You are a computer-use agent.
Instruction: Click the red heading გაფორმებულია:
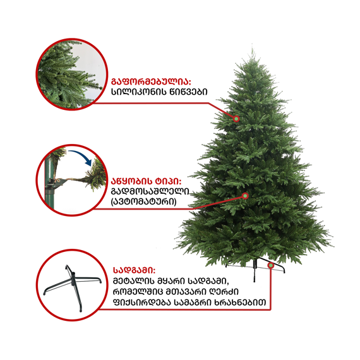point(151,81)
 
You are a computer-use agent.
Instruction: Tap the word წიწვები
point(188,92)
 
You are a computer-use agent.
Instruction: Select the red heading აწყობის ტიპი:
point(147,181)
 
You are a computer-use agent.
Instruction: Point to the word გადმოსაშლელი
point(150,191)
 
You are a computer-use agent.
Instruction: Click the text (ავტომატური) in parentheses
point(144,202)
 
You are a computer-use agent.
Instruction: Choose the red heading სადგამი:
point(134,270)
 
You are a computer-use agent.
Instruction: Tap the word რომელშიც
point(140,292)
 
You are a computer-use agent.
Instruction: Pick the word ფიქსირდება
point(142,303)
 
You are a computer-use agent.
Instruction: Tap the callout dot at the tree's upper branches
point(236,119)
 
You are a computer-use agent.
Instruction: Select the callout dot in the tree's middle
point(246,196)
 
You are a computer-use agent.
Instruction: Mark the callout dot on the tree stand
point(271,265)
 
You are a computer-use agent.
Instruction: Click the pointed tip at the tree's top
point(253,48)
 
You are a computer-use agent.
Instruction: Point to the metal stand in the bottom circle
point(73,286)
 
